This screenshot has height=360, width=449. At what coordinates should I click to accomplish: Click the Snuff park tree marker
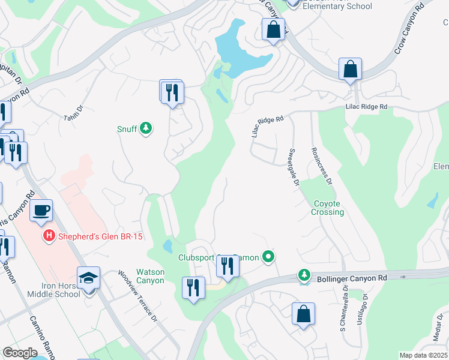tap(145, 128)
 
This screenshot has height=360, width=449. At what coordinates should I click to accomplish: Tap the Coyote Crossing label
tap(328, 208)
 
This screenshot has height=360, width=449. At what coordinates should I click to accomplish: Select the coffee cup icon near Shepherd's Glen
tap(41, 211)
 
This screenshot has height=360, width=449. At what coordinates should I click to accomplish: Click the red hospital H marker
tap(50, 236)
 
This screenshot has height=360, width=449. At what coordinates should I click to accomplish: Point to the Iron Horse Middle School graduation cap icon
tap(89, 278)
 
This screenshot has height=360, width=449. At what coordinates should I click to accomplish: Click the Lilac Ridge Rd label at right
tap(366, 107)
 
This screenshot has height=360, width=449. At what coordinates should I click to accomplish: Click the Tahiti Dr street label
tap(73, 113)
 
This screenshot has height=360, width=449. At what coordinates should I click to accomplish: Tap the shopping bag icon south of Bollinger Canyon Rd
tap(304, 313)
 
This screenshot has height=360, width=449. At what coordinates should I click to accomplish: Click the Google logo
tap(20, 353)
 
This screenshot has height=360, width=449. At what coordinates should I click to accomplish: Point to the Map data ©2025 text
tap(423, 355)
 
